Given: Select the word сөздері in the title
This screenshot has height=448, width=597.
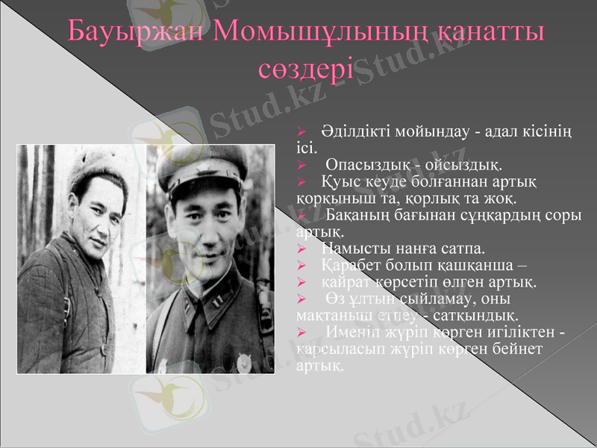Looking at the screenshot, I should pyautogui.click(x=305, y=69).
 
